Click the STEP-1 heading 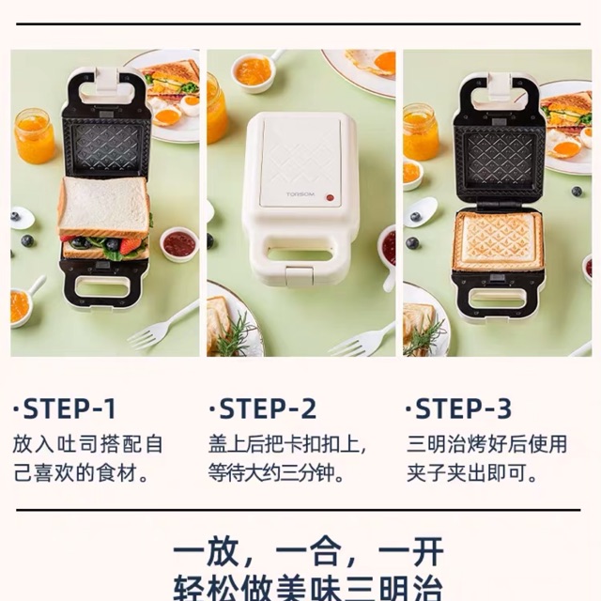click(x=66, y=409)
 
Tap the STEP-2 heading click(x=263, y=409)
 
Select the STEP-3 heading click(x=460, y=409)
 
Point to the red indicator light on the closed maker click(x=329, y=197)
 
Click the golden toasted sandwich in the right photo click(x=498, y=240)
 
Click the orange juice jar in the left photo click(x=34, y=136)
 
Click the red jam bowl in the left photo click(x=178, y=244)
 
